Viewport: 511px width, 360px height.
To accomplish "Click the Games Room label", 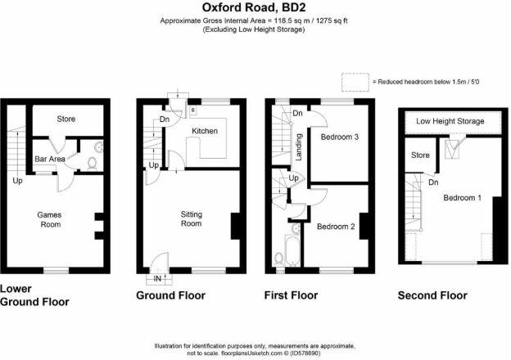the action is tap(49, 219).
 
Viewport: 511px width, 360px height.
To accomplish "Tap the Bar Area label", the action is tap(50, 159).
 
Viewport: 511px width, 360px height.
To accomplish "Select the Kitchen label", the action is tap(205, 131).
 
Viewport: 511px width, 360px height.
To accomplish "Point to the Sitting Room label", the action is tap(192, 218).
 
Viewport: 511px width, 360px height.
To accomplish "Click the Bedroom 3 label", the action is tap(340, 137).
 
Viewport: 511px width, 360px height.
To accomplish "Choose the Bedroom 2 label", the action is tap(336, 226).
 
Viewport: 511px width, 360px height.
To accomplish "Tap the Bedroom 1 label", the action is tap(462, 197).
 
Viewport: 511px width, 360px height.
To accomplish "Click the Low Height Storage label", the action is tap(450, 121).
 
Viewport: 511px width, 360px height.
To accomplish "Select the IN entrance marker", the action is tap(157, 279).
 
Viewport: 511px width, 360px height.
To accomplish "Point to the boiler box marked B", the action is tap(193, 110).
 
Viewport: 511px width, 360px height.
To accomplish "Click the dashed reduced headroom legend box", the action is tap(355, 82).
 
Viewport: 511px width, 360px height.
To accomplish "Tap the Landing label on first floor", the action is tap(299, 147).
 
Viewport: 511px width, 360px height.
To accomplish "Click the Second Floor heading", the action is tap(432, 295).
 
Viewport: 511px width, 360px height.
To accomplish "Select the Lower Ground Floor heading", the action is tap(34, 295).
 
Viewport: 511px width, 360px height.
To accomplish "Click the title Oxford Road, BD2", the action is tap(255, 7).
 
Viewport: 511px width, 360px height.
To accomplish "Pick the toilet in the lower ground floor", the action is tap(93, 163).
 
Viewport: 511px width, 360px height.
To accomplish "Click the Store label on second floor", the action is tap(420, 155).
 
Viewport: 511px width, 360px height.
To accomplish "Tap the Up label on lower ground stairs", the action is tap(17, 181).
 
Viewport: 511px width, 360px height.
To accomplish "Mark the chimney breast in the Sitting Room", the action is tap(235, 226).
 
